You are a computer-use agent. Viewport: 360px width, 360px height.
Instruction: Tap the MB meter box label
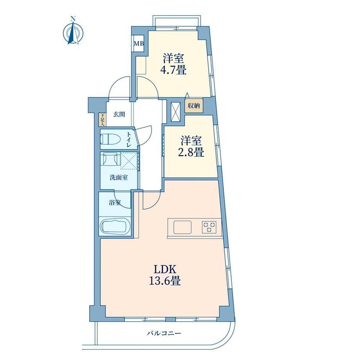coord(139,43)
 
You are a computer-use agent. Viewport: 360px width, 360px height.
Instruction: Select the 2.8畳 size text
coord(191,152)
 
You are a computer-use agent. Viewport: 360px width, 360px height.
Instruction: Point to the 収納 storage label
coord(194,106)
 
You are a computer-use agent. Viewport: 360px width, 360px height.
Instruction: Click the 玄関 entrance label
coord(119,114)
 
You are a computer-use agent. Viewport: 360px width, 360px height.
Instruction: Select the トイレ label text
coord(129,139)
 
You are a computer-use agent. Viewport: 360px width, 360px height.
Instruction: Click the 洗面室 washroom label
coord(119,178)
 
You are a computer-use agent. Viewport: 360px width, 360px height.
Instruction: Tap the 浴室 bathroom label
coord(115,203)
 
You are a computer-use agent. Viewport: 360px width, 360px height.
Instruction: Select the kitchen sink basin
coord(182,227)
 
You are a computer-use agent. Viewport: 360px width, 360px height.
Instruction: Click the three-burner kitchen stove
coord(209,227)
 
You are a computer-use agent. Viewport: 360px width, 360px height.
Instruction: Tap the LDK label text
coord(165,270)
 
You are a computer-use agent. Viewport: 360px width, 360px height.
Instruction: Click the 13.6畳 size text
coord(165,281)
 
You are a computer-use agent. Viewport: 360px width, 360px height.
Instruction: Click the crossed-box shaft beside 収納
coord(176,111)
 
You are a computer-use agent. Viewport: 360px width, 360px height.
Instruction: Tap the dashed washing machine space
coord(129,161)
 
